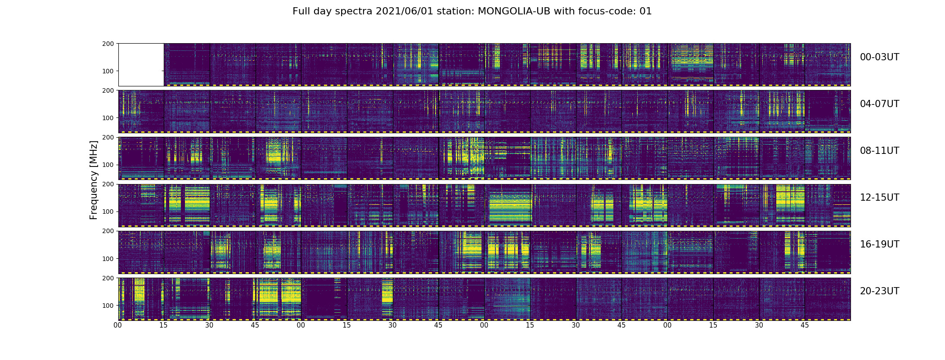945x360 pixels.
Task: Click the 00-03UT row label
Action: (879, 57)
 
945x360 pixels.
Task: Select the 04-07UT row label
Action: (879, 104)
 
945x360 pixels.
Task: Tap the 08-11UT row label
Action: (879, 151)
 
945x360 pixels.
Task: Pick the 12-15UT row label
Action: (879, 198)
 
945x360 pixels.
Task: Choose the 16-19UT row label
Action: (879, 244)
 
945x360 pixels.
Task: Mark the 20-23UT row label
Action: (879, 291)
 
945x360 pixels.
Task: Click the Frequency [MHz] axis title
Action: (94, 180)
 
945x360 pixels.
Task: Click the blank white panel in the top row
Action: (141, 64)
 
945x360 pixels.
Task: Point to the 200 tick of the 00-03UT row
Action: (108, 44)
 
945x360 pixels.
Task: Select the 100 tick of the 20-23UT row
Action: (108, 306)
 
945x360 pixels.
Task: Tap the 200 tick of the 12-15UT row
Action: (108, 184)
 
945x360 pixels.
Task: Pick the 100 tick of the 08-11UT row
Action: (108, 165)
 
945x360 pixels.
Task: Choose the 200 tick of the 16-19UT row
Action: (108, 231)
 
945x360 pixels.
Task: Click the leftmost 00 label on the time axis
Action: (118, 325)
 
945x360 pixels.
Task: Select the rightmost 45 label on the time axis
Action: (805, 325)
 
